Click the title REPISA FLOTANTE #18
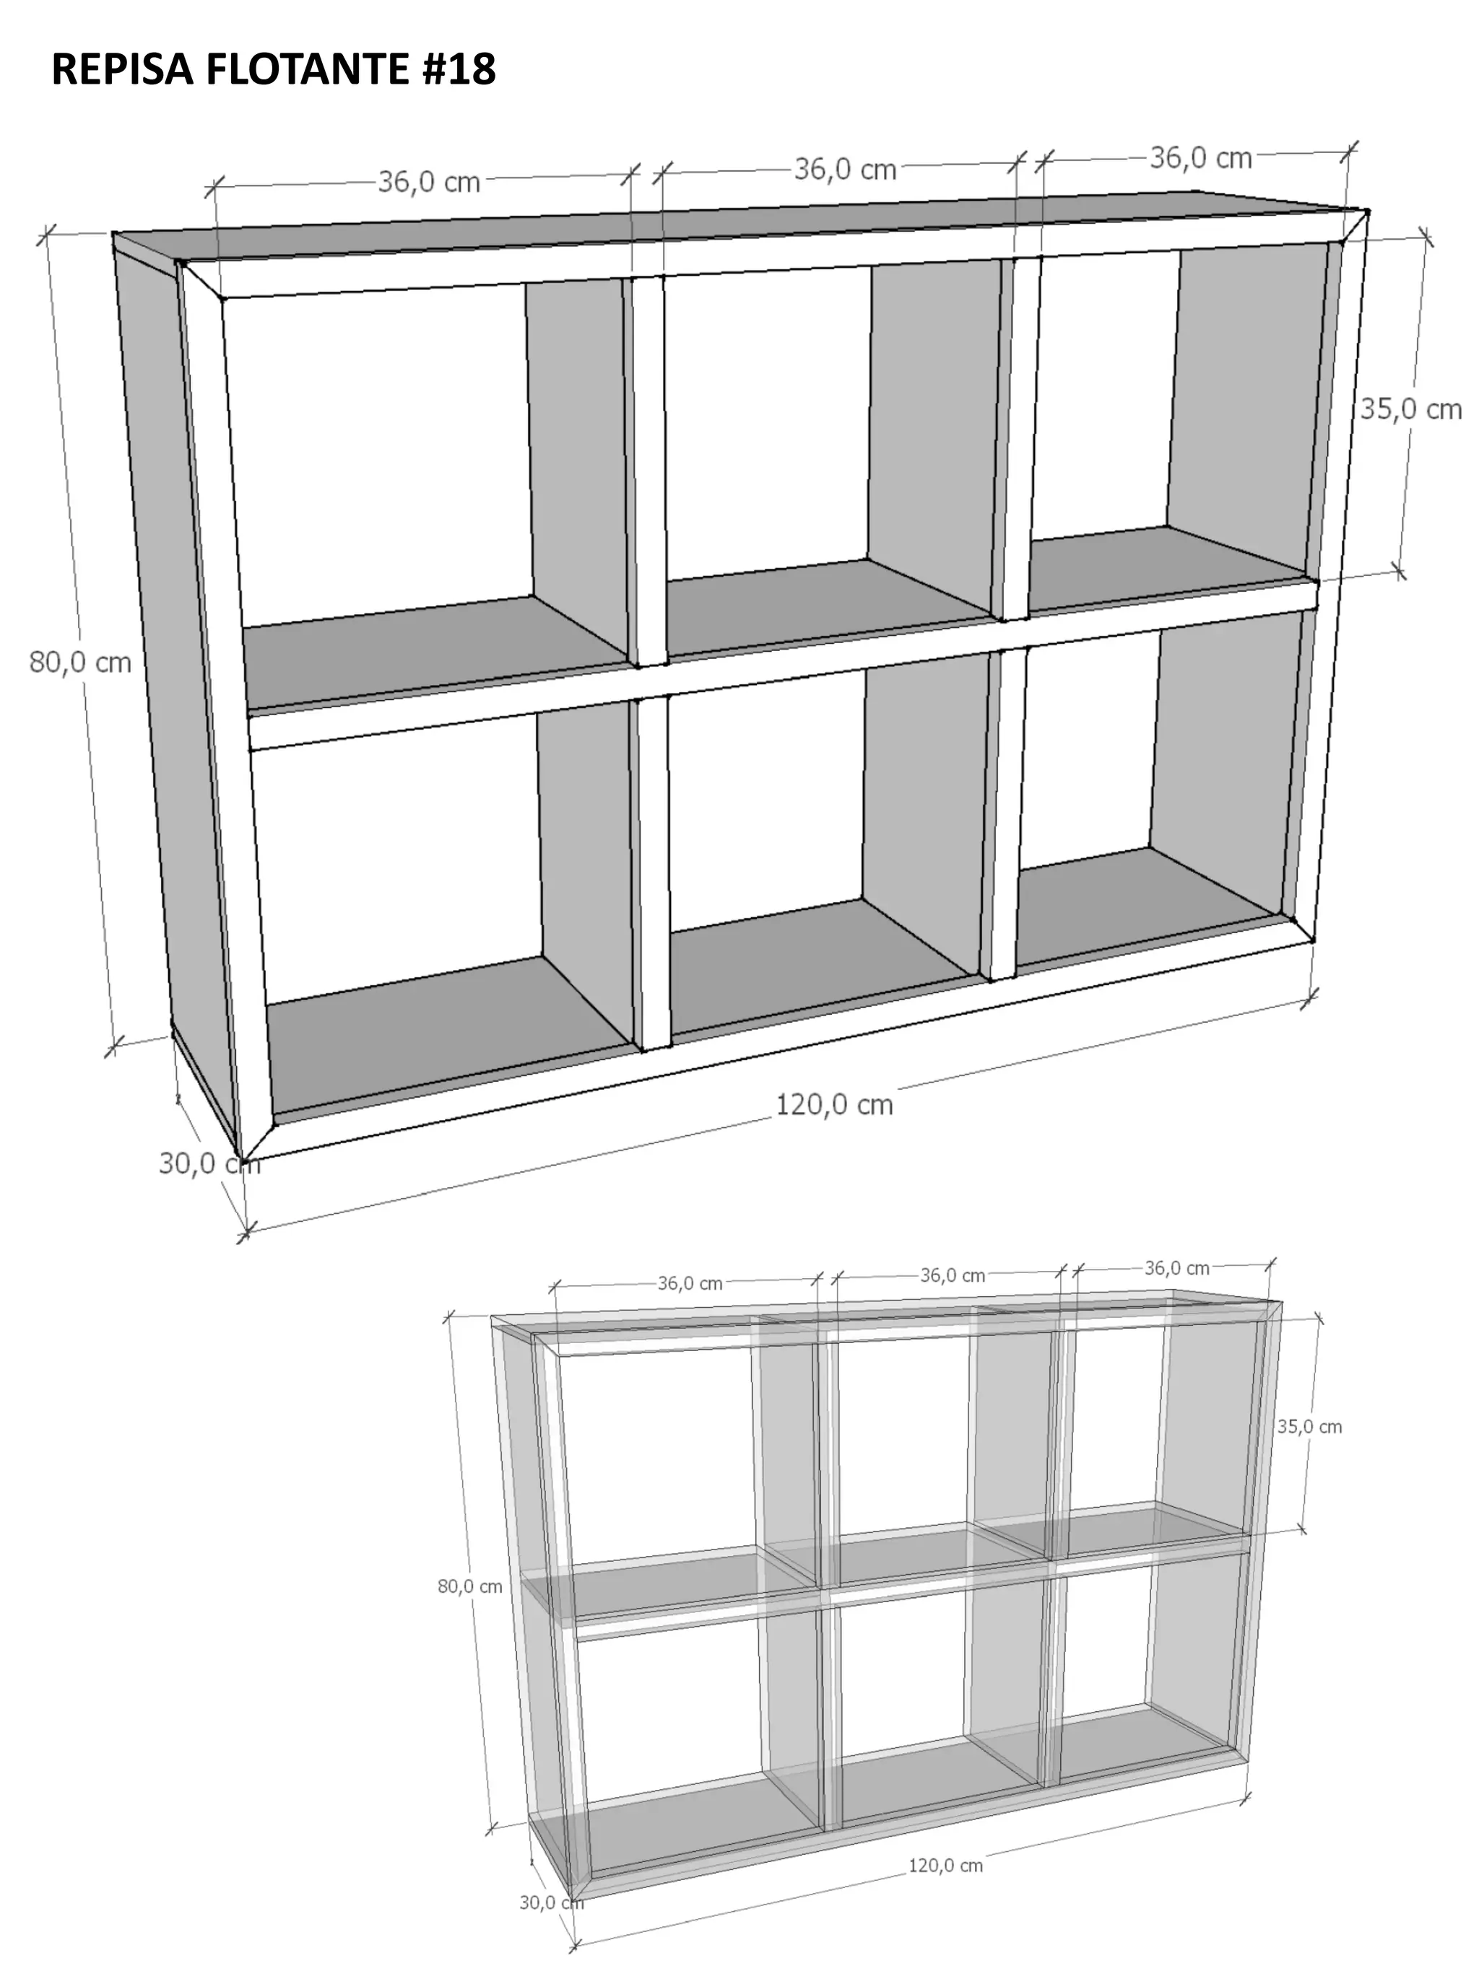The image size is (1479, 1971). (x=273, y=69)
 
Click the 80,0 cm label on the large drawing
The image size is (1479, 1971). (x=80, y=662)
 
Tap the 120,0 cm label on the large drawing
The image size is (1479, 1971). (x=833, y=1105)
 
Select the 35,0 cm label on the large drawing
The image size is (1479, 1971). (x=1410, y=409)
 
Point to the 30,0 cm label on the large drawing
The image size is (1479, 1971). (x=209, y=1163)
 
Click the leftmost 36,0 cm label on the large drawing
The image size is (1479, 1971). (x=429, y=182)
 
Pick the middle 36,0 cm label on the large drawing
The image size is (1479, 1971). (x=845, y=168)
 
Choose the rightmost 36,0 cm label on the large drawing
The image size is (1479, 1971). (x=1201, y=158)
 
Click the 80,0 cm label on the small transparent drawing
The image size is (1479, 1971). (x=470, y=1586)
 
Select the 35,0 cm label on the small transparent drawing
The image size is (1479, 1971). (x=1309, y=1427)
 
